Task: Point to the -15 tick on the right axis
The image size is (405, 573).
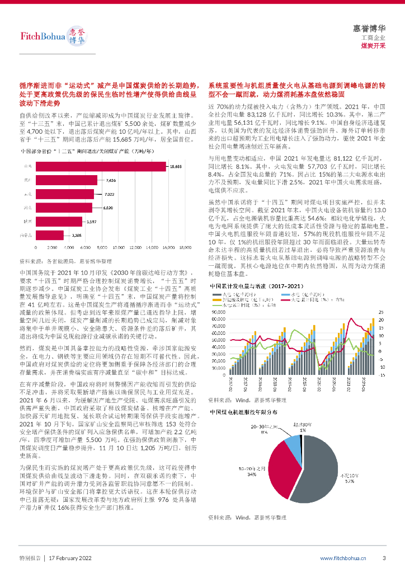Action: (382, 375)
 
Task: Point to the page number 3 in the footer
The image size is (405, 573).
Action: (384, 558)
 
